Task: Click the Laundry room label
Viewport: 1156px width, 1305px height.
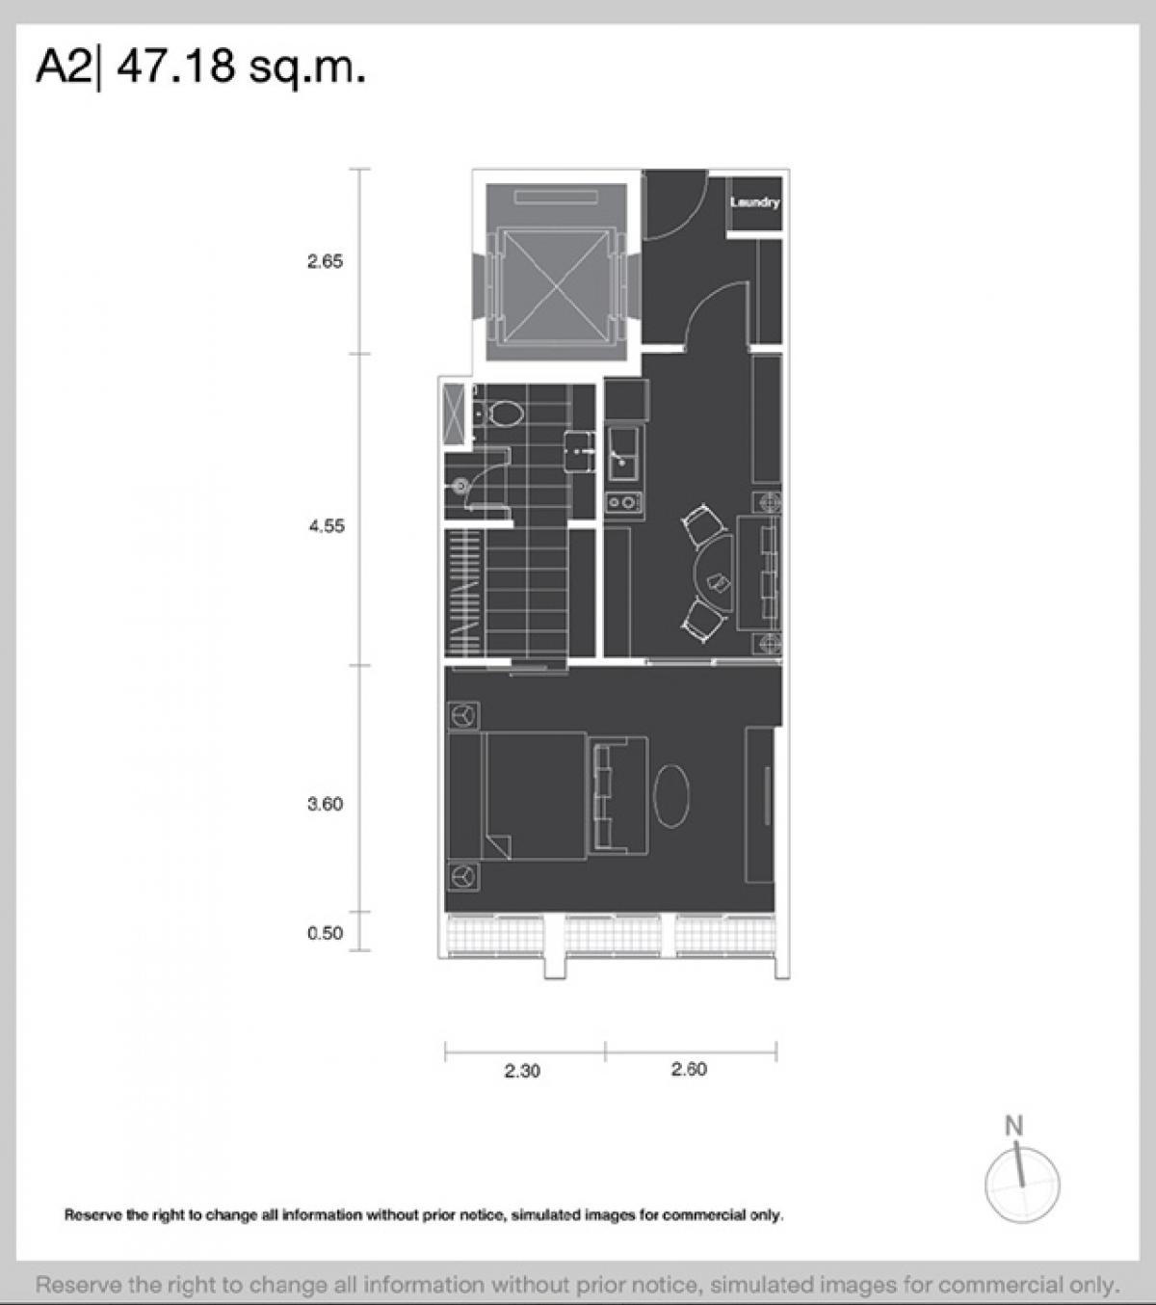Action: (755, 202)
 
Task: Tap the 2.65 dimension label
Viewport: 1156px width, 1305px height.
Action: (326, 261)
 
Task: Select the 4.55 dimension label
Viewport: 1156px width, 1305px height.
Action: (327, 526)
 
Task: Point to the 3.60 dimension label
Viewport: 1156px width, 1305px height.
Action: (326, 804)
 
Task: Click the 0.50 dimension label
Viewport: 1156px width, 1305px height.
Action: (326, 933)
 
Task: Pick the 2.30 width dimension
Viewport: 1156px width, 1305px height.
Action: (522, 1071)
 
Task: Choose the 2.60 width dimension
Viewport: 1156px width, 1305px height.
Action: (689, 1069)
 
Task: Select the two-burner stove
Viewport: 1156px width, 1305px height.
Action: (623, 502)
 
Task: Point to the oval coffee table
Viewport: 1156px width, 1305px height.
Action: (671, 795)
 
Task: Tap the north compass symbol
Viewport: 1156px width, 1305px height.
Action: (1022, 1185)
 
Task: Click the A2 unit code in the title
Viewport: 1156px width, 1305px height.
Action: (64, 67)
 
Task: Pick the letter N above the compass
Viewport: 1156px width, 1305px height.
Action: (1013, 1126)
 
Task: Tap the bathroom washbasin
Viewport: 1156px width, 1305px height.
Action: (580, 452)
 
